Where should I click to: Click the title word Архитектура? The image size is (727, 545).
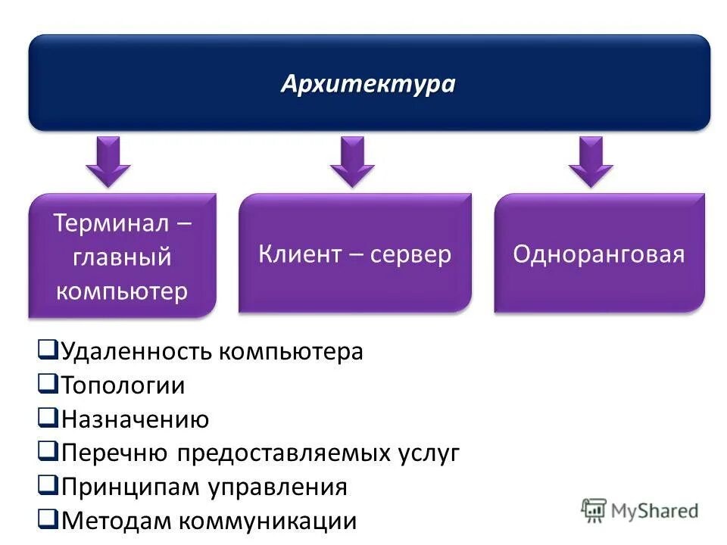pos(368,84)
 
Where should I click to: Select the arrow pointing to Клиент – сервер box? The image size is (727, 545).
pos(352,160)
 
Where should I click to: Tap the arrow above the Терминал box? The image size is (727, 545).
pos(108,160)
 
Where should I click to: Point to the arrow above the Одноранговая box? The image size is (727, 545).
pos(591,160)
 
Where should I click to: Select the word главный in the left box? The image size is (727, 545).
pos(123,257)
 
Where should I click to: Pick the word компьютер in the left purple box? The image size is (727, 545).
pos(122,291)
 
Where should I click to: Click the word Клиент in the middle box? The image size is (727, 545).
pos(300,254)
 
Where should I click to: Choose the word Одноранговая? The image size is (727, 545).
pos(599,254)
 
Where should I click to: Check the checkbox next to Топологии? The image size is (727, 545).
pos(47,384)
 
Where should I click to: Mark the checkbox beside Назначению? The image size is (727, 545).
pos(47,418)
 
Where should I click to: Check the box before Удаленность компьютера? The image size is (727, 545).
pos(47,350)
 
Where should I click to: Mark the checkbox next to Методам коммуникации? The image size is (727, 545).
pos(47,519)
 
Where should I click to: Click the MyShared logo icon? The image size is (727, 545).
pos(594,510)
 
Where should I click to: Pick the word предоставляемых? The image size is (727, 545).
pos(285,453)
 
